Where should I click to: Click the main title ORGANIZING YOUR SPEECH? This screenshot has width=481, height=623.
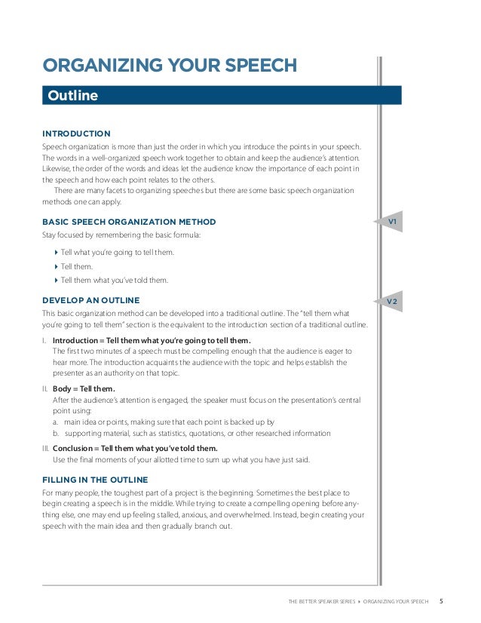(x=169, y=66)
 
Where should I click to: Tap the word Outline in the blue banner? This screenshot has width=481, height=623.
(x=73, y=96)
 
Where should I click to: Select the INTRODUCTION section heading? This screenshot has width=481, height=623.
(x=76, y=133)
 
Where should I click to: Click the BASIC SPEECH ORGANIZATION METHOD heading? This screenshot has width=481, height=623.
(x=129, y=222)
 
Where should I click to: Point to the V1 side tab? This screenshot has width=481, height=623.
(x=392, y=222)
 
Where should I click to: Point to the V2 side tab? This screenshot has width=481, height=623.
(x=392, y=302)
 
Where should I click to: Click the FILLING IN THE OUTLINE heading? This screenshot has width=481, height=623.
(x=95, y=480)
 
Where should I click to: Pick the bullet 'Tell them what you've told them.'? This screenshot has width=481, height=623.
(x=114, y=281)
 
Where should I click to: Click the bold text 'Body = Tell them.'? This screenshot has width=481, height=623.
(x=84, y=389)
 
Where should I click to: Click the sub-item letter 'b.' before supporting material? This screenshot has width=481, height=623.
(x=57, y=434)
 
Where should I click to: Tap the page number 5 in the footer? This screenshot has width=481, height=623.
(x=441, y=601)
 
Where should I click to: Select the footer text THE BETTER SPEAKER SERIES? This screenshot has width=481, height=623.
(x=321, y=602)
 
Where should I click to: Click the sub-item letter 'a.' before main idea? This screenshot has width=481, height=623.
(x=57, y=422)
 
